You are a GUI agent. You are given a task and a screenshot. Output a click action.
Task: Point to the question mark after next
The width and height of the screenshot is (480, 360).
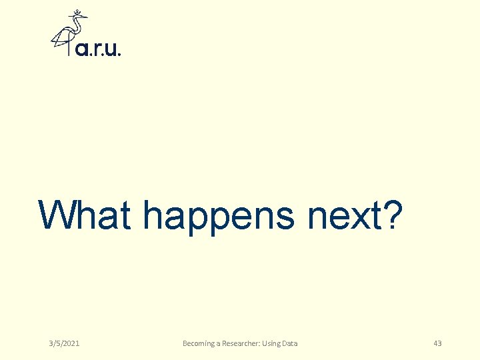pyautogui.click(x=393, y=215)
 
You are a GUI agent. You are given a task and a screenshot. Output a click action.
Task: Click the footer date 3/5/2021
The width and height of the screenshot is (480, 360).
pyautogui.click(x=64, y=343)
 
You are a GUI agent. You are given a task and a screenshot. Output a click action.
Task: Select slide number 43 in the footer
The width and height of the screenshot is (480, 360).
pyautogui.click(x=437, y=343)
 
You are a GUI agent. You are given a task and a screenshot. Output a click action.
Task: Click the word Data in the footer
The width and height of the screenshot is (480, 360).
pyautogui.click(x=290, y=343)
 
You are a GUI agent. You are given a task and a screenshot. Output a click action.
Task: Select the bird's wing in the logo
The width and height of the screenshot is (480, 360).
pyautogui.click(x=61, y=37)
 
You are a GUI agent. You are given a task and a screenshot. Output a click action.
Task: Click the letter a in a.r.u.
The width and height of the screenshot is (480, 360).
pyautogui.click(x=82, y=49)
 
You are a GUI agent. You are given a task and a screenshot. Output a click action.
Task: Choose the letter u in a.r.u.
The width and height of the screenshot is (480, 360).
pyautogui.click(x=110, y=49)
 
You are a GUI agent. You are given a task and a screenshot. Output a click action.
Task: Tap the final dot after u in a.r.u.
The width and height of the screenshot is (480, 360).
pyautogui.click(x=119, y=54)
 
